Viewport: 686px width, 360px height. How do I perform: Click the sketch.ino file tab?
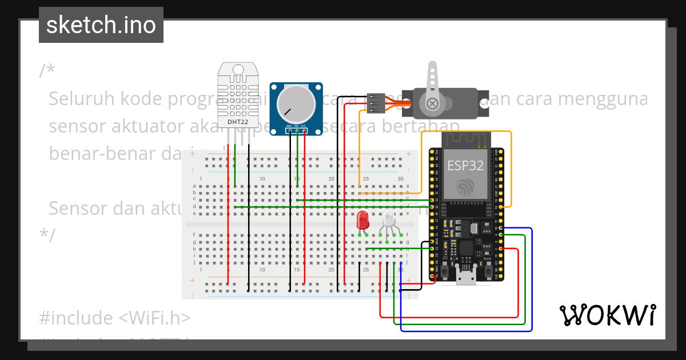click(101, 25)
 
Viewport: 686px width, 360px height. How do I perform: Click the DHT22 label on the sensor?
click(237, 122)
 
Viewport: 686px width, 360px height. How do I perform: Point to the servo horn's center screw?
click(433, 103)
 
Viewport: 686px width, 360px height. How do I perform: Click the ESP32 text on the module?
click(465, 166)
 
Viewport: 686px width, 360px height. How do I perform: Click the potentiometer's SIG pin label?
click(296, 126)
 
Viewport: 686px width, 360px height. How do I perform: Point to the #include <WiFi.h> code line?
click(114, 318)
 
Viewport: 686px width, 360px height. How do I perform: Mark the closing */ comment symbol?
click(47, 235)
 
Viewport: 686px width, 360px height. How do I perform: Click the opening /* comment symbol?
click(47, 71)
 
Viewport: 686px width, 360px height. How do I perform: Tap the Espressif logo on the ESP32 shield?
click(465, 187)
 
